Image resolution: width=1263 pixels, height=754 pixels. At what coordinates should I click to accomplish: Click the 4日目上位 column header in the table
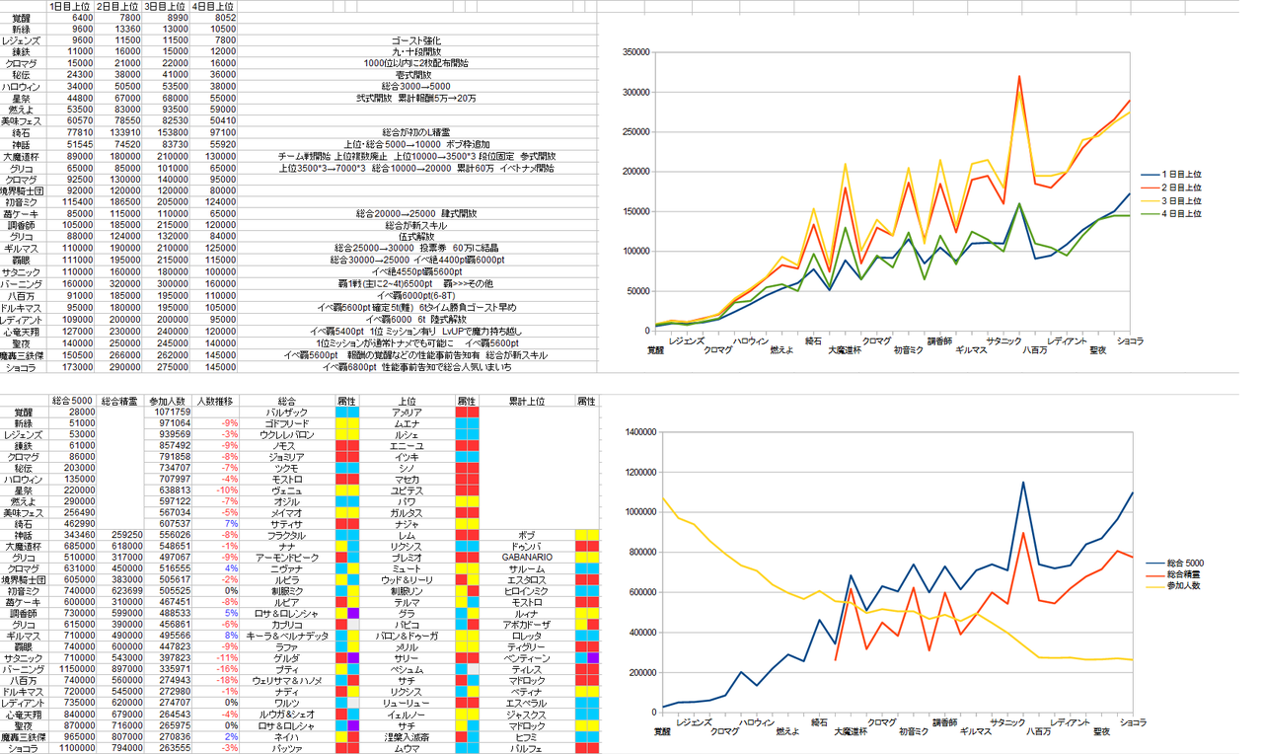click(214, 6)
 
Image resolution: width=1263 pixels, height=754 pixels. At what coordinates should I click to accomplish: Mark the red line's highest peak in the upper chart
click(1018, 75)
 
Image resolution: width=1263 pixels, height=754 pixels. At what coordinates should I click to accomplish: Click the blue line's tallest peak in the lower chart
click(1023, 482)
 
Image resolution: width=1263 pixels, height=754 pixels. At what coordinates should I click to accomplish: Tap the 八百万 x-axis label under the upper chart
click(1035, 349)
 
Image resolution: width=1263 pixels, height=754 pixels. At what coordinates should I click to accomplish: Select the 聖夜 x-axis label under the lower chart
click(1101, 731)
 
